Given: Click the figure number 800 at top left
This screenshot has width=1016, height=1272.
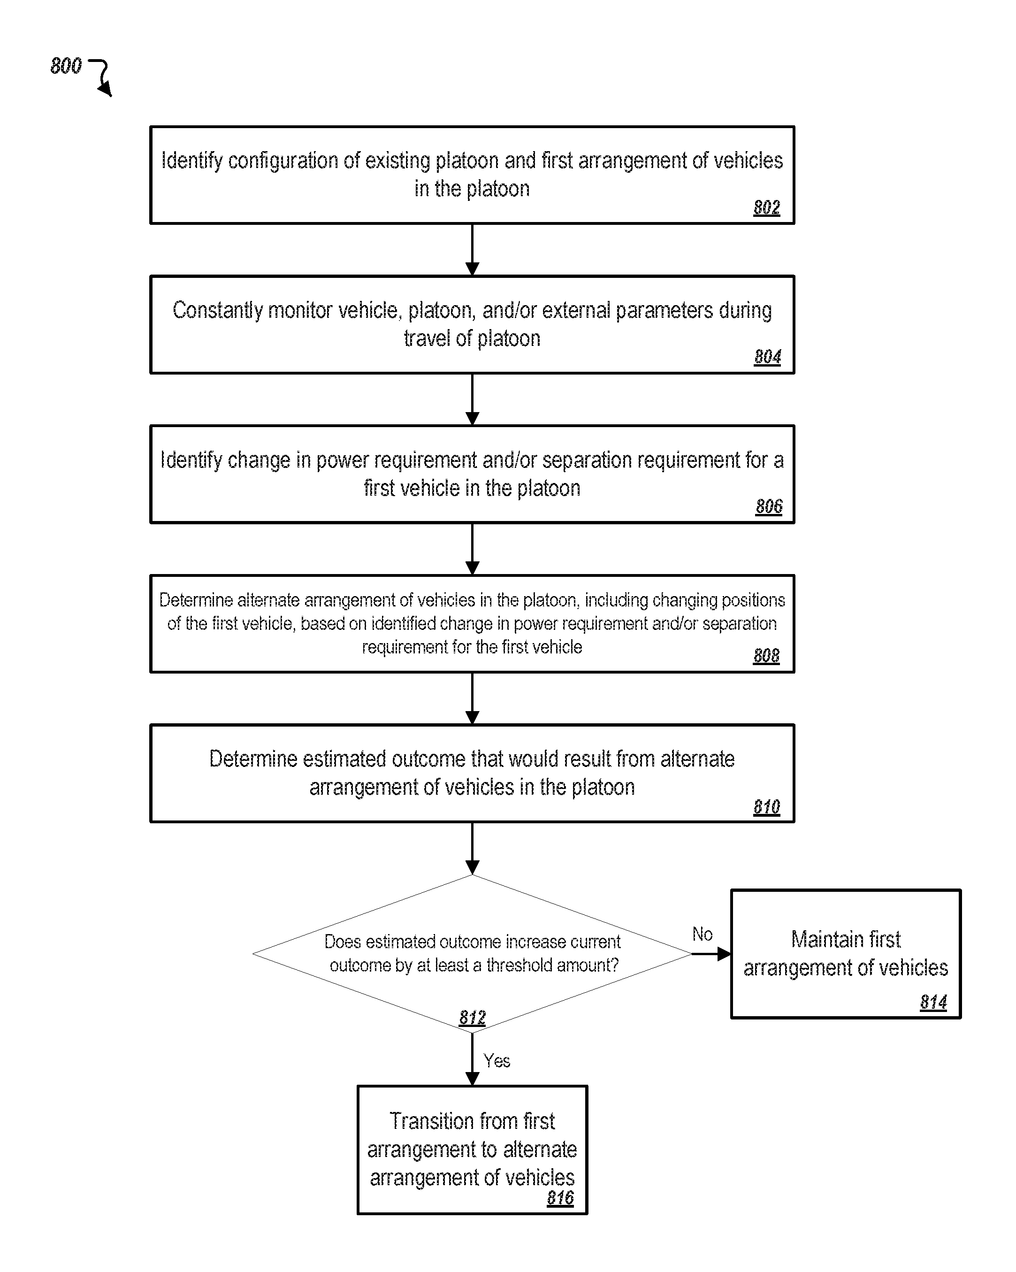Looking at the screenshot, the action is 66,66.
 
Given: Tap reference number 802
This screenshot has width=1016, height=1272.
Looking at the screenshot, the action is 766,207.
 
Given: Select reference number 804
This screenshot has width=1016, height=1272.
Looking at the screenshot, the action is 767,356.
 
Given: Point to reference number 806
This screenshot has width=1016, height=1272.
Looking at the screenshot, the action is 769,506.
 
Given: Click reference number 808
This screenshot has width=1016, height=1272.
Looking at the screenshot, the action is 766,655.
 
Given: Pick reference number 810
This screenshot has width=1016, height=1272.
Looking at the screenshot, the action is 766,806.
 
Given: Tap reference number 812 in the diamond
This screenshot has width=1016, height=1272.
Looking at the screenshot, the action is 472,1017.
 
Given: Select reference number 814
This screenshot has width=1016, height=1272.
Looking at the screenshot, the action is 933,1002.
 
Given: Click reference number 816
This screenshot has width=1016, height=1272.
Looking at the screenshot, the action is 560,1198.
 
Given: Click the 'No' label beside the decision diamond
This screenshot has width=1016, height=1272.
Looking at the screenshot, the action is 702,934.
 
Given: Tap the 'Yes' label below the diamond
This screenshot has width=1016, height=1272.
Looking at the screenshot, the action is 497,1061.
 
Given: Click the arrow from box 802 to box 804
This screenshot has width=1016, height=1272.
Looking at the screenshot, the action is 473,250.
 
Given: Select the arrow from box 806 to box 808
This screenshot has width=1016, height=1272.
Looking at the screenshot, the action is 473,549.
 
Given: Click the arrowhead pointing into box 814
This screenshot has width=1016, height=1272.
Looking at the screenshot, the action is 724,954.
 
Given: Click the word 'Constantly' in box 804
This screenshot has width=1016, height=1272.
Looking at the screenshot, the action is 218,311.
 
